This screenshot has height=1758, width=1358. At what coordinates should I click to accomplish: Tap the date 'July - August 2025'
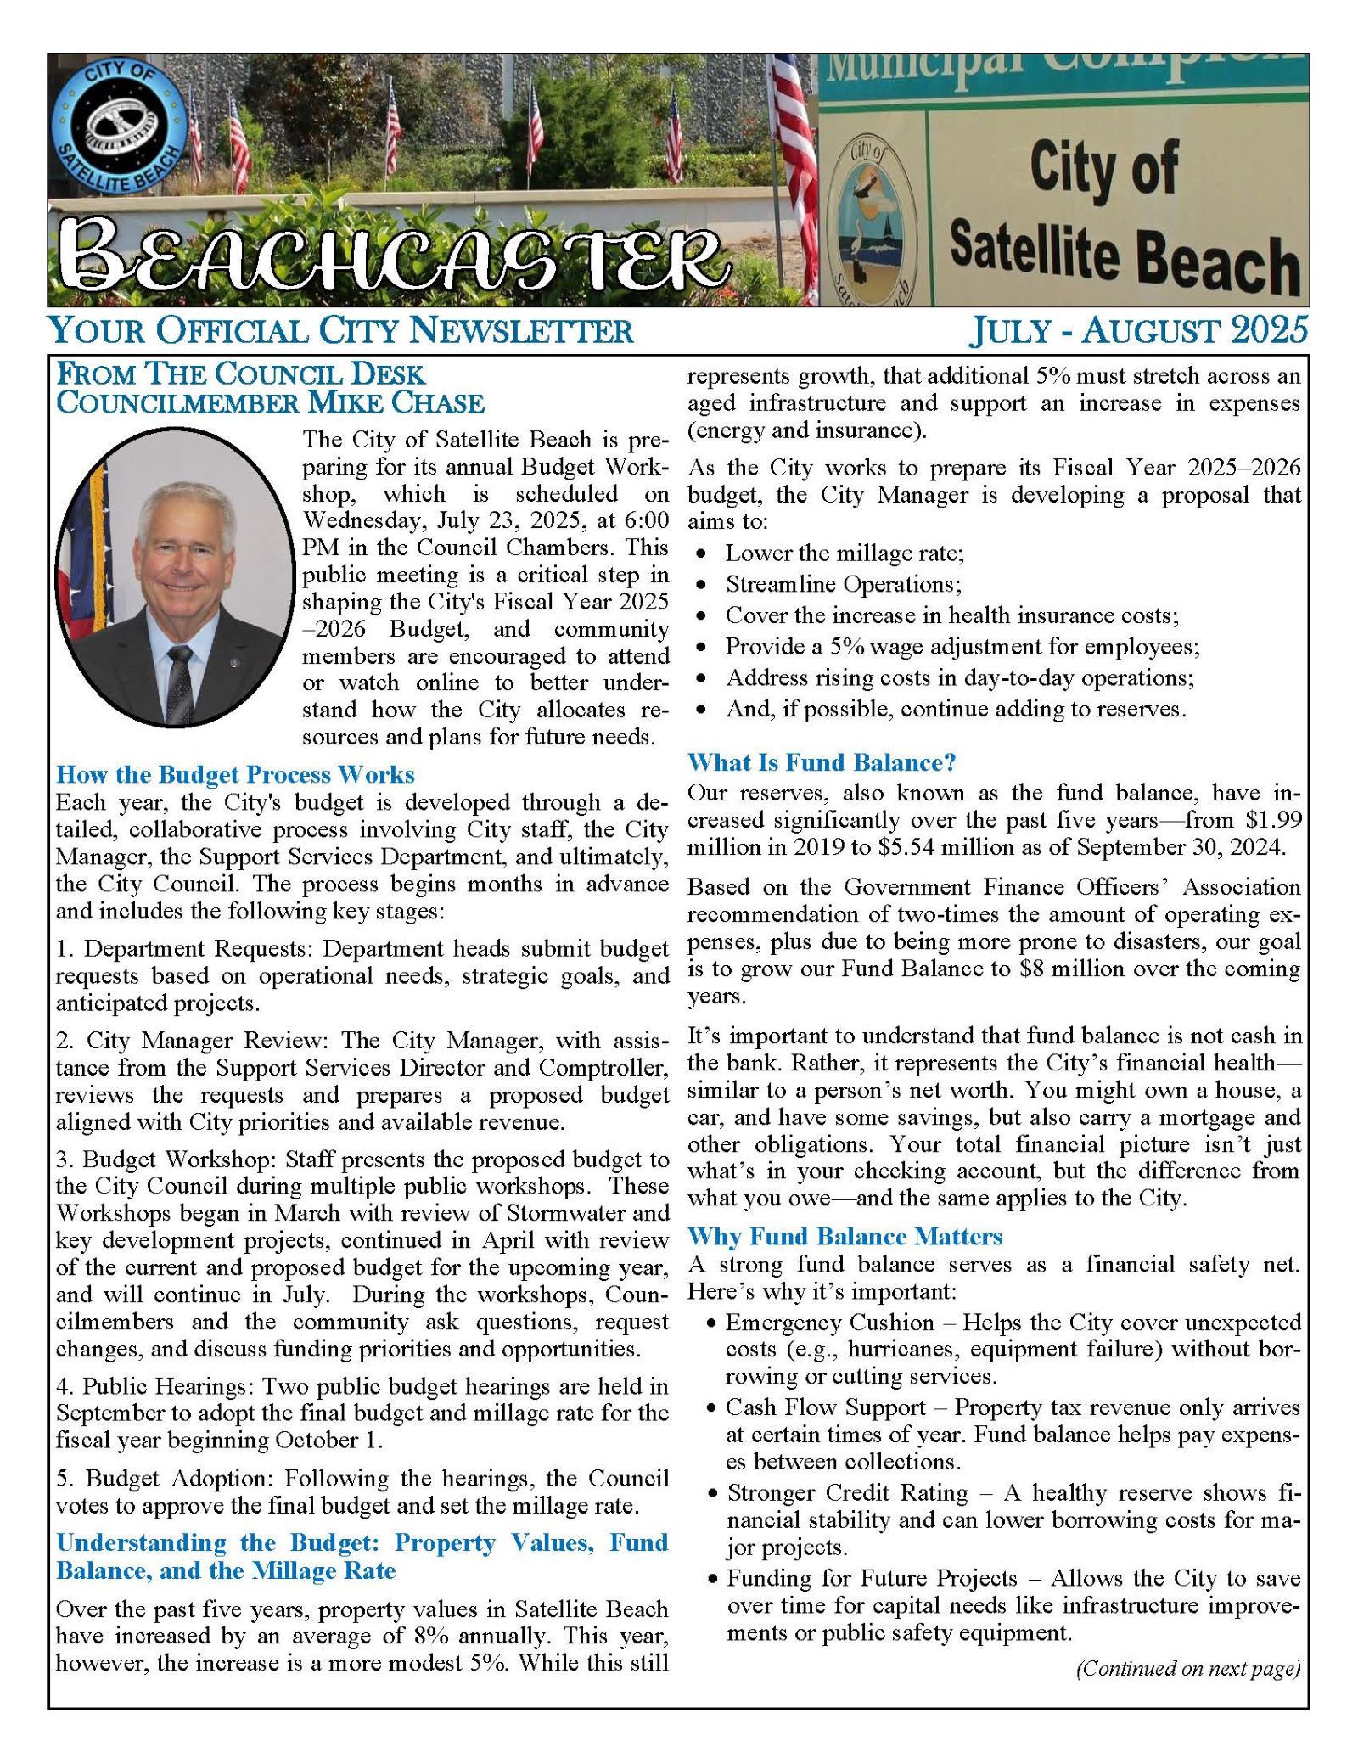(1138, 330)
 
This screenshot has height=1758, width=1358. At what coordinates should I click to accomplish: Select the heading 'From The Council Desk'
(240, 374)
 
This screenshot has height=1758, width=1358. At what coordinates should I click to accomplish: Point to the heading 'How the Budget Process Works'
(235, 774)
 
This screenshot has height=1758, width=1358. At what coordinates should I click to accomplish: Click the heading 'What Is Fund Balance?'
(822, 762)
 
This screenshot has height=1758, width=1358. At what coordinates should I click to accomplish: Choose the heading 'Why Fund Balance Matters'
(845, 1236)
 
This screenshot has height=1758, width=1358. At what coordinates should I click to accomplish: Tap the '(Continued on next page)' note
(1187, 1668)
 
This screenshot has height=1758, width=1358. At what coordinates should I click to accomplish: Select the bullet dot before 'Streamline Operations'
(701, 585)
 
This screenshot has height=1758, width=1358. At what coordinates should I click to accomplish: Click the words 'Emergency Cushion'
(829, 1322)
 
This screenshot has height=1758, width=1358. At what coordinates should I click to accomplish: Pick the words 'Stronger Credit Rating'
(847, 1492)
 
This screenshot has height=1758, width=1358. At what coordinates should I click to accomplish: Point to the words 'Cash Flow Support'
(825, 1407)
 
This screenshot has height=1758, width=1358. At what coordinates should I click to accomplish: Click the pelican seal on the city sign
(872, 217)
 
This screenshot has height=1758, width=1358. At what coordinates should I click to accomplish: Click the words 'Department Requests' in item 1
(198, 947)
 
